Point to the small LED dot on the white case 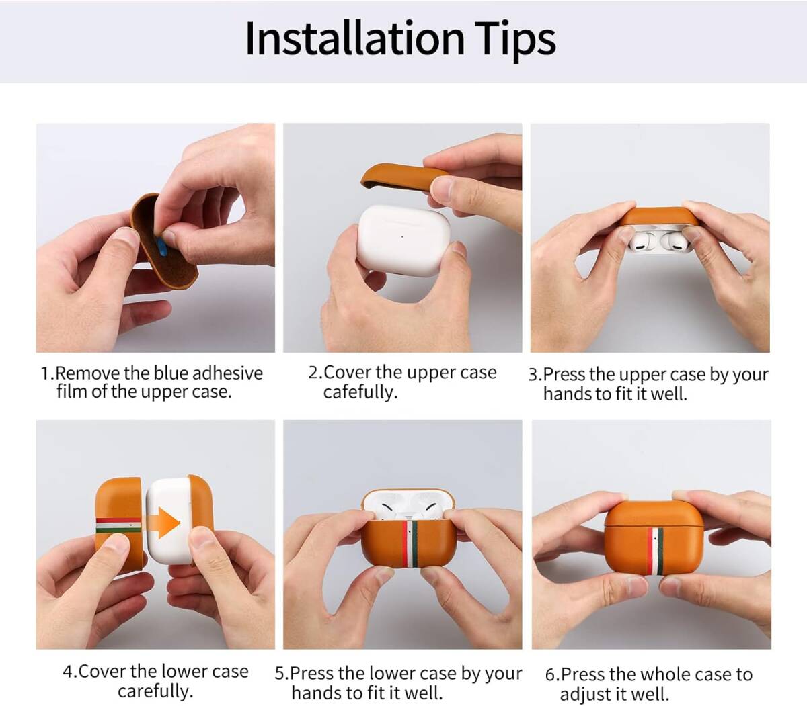(x=402, y=237)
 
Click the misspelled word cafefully (x=360, y=392)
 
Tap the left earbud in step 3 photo (x=640, y=242)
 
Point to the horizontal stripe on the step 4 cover (x=118, y=525)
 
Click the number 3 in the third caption (x=533, y=374)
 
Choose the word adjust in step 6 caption (x=584, y=694)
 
